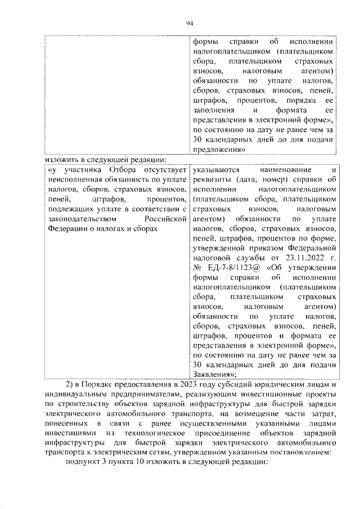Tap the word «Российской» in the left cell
point(165,219)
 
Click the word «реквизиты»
point(210,179)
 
